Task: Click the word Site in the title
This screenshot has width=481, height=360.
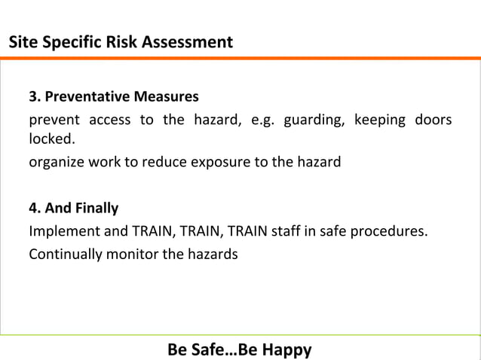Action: [x=22, y=42]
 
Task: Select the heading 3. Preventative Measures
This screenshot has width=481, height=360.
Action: [x=114, y=97]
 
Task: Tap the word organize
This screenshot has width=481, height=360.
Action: [x=57, y=161]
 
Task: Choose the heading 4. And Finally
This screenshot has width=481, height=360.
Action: [x=74, y=207]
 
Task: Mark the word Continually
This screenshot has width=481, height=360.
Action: [x=63, y=254]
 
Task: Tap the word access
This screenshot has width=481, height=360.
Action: [x=110, y=121]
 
